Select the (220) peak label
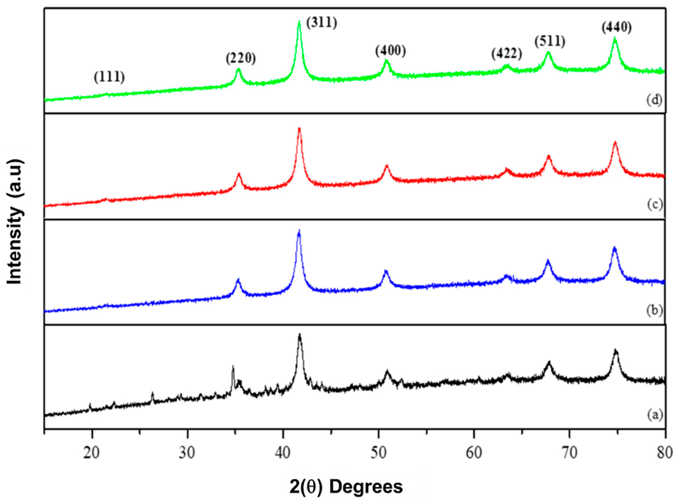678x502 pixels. (x=241, y=58)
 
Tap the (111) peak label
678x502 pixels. (x=110, y=77)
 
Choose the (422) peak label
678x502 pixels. (x=507, y=54)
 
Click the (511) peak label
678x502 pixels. (x=550, y=42)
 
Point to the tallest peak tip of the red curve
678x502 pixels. (x=299, y=129)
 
